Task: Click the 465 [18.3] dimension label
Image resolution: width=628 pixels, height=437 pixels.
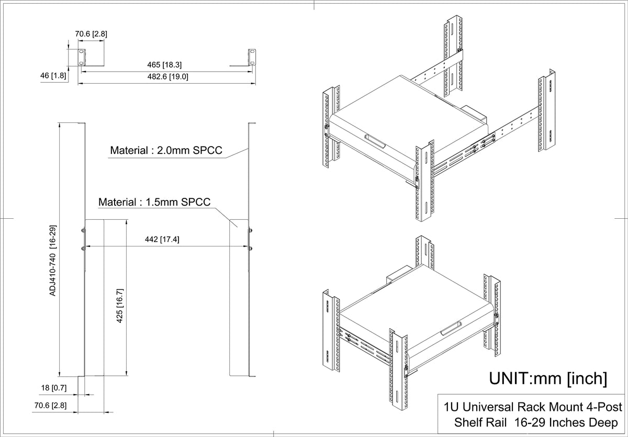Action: [x=164, y=65]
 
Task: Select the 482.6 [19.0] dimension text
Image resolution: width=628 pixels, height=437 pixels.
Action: [x=167, y=76]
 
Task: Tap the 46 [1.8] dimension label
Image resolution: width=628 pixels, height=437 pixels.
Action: [x=53, y=75]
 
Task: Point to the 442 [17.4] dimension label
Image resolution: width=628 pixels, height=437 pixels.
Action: [x=162, y=239]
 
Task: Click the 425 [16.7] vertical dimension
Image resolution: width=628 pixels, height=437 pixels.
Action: [x=120, y=305]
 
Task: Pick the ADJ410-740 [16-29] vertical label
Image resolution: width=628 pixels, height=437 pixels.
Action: [x=53, y=260]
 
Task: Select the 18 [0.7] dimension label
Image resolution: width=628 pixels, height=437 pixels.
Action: [x=54, y=388]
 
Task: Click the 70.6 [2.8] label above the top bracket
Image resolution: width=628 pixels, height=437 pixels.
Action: [x=91, y=34]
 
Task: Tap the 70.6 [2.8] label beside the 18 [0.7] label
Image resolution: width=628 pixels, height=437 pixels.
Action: [x=50, y=406]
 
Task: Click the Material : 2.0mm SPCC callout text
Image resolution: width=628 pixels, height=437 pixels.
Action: [x=166, y=150]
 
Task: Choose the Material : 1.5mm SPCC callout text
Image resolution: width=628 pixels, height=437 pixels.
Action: [x=154, y=202]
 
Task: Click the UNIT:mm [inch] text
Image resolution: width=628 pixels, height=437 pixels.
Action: [x=548, y=378]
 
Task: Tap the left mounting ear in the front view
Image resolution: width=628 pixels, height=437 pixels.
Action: [x=82, y=58]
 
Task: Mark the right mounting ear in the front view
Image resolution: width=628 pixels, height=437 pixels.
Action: [x=252, y=58]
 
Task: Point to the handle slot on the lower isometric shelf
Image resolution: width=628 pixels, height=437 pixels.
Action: [x=451, y=329]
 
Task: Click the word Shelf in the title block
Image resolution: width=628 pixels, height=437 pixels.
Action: [x=480, y=422]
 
